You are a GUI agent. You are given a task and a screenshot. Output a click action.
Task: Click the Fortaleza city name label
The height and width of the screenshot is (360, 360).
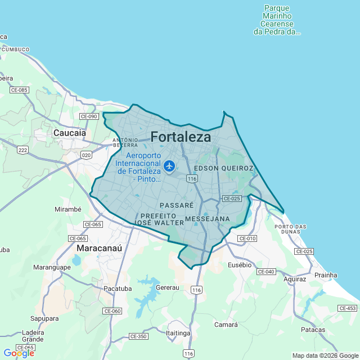(x=181, y=137)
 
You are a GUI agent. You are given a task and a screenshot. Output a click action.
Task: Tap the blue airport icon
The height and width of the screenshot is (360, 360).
(x=169, y=166)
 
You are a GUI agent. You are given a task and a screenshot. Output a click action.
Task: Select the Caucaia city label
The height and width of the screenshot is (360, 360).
(x=69, y=133)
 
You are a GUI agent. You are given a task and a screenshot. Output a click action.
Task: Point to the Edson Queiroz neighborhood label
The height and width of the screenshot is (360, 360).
(x=223, y=168)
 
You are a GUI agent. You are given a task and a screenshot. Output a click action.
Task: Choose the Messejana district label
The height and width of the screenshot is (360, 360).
(x=207, y=218)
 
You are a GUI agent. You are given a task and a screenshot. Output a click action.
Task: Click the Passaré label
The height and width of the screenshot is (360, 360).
(x=177, y=205)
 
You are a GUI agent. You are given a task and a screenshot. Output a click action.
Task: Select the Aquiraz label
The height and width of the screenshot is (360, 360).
(x=295, y=279)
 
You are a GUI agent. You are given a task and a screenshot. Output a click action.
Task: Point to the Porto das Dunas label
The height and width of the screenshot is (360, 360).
(x=291, y=229)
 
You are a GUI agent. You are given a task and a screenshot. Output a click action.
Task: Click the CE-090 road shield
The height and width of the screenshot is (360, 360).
(x=89, y=116)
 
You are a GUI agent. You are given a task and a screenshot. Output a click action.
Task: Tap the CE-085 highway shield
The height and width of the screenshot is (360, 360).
(x=19, y=90)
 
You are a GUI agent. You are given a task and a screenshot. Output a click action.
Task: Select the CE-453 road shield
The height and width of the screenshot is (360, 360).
(x=348, y=308)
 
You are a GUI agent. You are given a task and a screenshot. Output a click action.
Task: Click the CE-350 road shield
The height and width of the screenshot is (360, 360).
(x=138, y=336)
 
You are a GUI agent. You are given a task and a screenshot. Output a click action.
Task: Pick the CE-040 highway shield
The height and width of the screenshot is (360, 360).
(x=265, y=272)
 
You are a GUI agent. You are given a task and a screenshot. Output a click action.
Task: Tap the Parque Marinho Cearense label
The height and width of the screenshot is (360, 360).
(x=277, y=20)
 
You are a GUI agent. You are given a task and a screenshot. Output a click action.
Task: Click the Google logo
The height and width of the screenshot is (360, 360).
(x=19, y=353)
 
